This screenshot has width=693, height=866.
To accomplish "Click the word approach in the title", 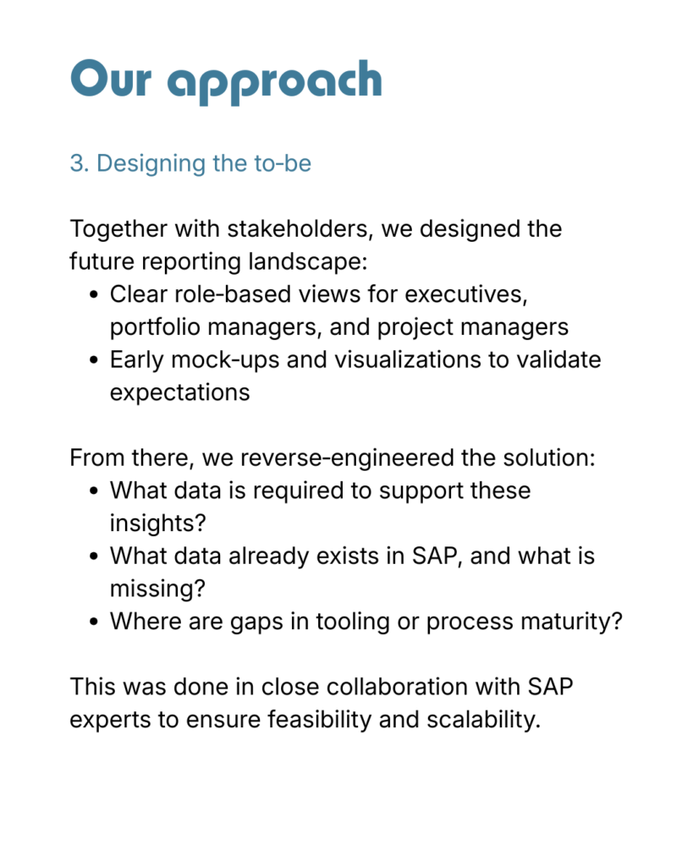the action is coord(275,82).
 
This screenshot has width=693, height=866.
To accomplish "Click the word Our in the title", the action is coord(111,79).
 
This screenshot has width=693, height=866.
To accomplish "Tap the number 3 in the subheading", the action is coord(77,163).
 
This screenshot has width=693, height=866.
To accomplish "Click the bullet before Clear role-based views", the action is coord(94,295).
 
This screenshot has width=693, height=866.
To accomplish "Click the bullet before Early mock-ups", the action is coord(94,360).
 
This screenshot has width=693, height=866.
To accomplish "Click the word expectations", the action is coord(179,392).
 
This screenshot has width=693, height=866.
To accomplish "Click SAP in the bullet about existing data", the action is coord(434,556).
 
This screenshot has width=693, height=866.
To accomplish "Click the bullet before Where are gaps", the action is coord(94,622).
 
